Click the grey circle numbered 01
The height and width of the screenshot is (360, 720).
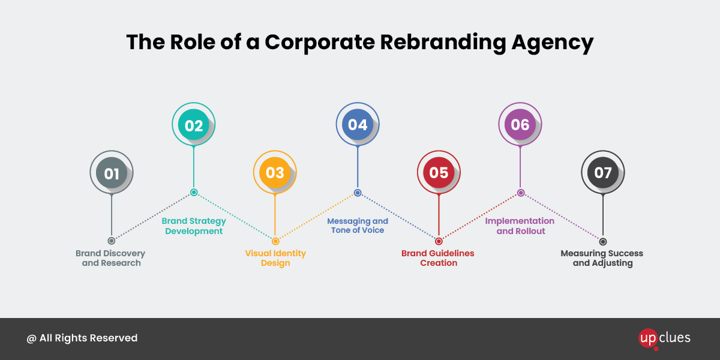coord(112,173)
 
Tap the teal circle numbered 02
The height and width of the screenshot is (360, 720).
coord(194,125)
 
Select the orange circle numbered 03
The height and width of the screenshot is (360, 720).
coord(275,173)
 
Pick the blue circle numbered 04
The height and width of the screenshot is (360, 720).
coord(358,124)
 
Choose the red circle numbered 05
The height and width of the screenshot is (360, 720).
coord(439,173)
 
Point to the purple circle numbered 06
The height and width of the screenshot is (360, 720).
coord(520,124)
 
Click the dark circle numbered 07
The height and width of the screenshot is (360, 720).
coord(602,173)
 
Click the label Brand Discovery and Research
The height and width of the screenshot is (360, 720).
coord(111,258)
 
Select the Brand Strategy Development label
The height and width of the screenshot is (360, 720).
coord(194,226)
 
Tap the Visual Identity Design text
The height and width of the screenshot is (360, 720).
coord(275,258)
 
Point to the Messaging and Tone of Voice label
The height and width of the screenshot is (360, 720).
coord(358,226)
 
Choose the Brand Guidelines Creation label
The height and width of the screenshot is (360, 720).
coord(438,258)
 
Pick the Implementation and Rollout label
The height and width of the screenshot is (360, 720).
coord(520,226)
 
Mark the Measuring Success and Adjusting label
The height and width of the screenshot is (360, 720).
coord(602,258)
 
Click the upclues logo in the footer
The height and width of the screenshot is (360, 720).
coord(664,338)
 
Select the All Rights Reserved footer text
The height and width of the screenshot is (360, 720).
coord(82,338)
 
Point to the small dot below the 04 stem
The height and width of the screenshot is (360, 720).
coord(358,193)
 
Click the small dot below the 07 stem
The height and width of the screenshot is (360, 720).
coord(602,241)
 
